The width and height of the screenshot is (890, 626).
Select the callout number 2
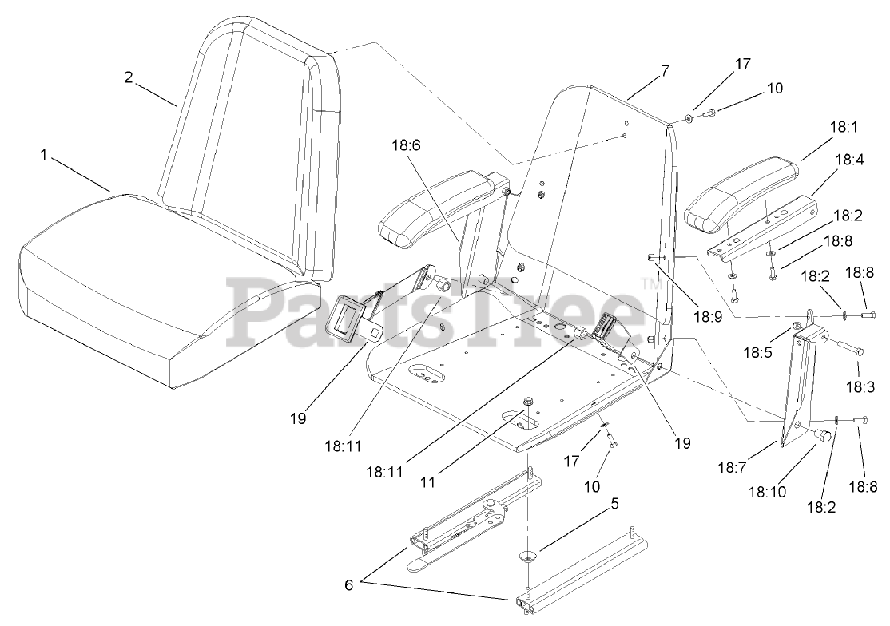tap(128, 77)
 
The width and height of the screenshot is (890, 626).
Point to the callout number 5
tap(614, 505)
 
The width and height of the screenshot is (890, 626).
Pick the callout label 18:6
tap(406, 146)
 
